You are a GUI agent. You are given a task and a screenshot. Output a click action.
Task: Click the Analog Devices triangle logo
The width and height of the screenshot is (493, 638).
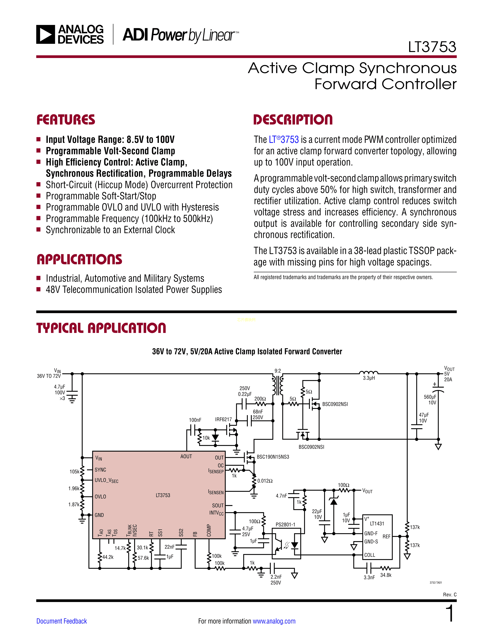[46, 34]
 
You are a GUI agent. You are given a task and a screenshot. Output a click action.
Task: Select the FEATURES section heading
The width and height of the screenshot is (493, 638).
[66, 120]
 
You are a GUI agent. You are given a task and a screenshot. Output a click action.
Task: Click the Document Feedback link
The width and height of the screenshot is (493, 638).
[62, 621]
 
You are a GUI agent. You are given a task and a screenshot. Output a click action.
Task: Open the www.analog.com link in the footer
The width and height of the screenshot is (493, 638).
[274, 621]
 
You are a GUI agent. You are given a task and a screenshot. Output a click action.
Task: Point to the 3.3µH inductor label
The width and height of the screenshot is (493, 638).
[368, 378]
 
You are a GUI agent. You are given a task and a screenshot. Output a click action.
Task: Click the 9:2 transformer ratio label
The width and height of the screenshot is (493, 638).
[277, 371]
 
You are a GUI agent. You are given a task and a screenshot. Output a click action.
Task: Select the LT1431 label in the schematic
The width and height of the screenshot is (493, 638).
[377, 524]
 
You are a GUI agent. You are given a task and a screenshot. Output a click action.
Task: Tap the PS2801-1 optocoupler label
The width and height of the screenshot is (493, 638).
[285, 524]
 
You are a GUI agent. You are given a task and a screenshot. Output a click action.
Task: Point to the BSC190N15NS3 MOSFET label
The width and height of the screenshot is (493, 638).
[273, 457]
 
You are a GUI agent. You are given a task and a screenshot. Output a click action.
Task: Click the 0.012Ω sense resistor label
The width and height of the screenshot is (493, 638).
[265, 481]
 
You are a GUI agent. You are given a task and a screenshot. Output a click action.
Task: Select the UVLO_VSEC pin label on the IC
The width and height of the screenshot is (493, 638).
[106, 481]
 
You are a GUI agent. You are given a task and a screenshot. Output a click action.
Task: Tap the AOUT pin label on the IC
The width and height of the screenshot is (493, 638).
[186, 456]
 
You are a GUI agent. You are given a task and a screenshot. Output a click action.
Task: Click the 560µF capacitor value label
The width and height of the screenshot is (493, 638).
[430, 397]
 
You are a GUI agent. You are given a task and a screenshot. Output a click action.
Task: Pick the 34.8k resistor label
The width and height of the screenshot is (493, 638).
[386, 575]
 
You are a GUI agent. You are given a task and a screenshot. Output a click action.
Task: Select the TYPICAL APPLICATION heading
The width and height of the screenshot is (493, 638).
[101, 328]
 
